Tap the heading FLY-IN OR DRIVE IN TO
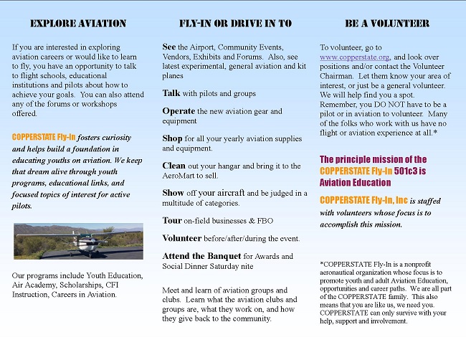[x=234, y=24]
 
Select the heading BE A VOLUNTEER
[x=387, y=24]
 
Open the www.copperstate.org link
[x=354, y=56]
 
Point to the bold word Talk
[x=171, y=93]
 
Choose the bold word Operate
[x=179, y=111]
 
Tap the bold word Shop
[x=173, y=138]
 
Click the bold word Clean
[x=174, y=166]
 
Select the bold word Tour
[x=172, y=221]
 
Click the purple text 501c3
[x=407, y=171]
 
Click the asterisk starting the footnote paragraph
[x=322, y=264]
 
